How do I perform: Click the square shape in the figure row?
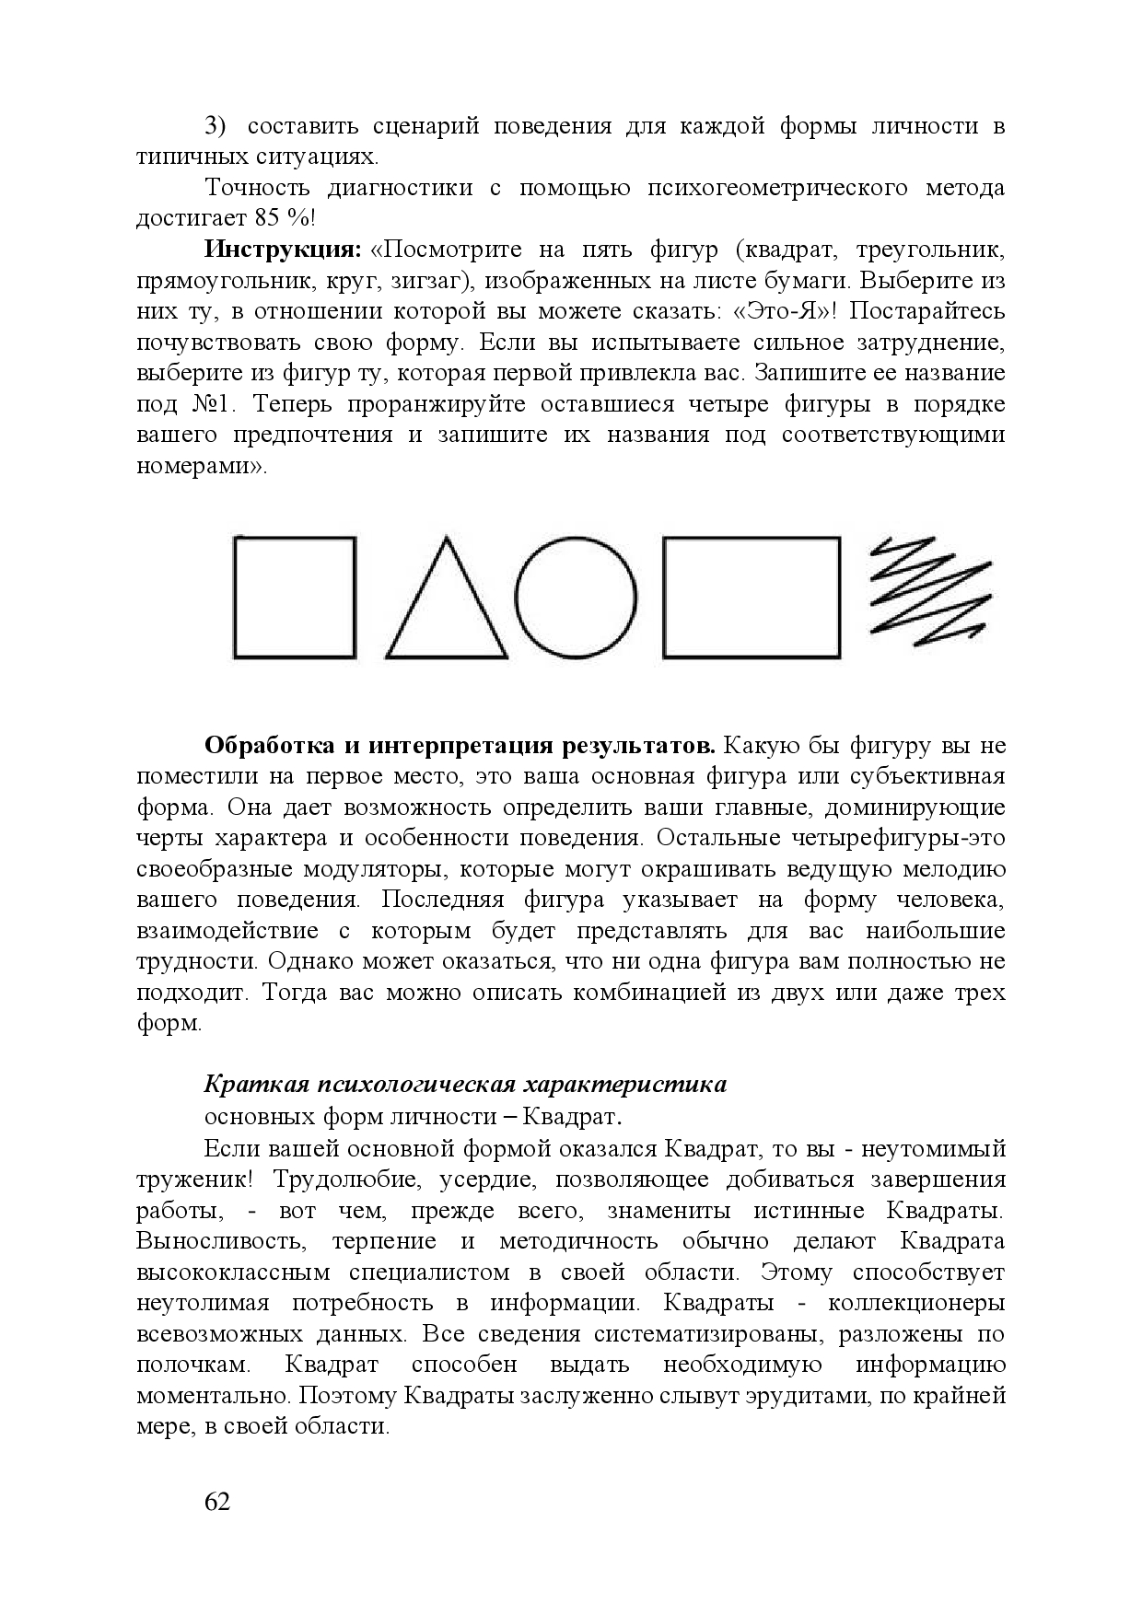[x=295, y=597]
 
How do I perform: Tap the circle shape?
[x=576, y=597]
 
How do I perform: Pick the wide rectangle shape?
[x=752, y=597]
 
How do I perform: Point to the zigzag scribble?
[x=931, y=589]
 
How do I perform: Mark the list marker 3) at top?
[x=214, y=126]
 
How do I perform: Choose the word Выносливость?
[x=221, y=1242]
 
